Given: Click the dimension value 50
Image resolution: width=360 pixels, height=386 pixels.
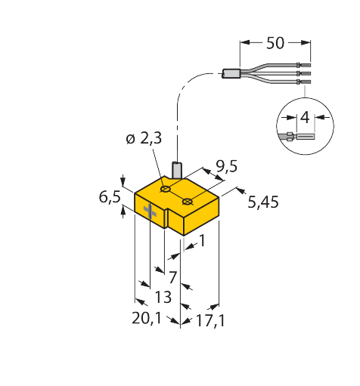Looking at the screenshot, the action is click(275, 43).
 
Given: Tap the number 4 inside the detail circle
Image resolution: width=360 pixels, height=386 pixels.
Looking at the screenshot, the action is click(305, 117).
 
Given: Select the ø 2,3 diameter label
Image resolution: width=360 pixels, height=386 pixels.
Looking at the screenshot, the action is click(144, 138).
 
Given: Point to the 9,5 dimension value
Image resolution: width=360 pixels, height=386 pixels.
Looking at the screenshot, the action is click(227, 166).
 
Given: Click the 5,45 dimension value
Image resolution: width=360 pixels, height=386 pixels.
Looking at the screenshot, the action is click(263, 202).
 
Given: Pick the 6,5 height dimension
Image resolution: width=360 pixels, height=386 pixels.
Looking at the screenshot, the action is click(110, 196).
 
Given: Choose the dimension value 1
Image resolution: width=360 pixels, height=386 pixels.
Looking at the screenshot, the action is click(202, 240).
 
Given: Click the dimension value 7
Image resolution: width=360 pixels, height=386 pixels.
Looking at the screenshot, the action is click(172, 277).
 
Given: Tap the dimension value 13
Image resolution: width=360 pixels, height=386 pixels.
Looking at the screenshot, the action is click(163, 297).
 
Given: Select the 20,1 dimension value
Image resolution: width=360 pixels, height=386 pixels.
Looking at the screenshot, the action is click(147, 319).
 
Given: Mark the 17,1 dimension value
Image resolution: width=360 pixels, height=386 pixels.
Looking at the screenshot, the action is click(210, 321).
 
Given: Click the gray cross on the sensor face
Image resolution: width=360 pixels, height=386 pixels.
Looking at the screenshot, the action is click(150, 212).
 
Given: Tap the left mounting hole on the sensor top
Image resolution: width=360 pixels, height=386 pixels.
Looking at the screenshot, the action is click(166, 189).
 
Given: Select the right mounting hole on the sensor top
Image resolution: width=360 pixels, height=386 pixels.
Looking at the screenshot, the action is click(187, 202).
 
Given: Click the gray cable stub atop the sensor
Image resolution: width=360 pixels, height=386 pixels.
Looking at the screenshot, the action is click(178, 171).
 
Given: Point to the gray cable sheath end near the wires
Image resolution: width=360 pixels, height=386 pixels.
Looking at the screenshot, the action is click(231, 73).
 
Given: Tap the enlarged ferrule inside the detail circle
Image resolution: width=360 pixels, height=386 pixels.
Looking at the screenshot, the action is click(306, 137).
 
